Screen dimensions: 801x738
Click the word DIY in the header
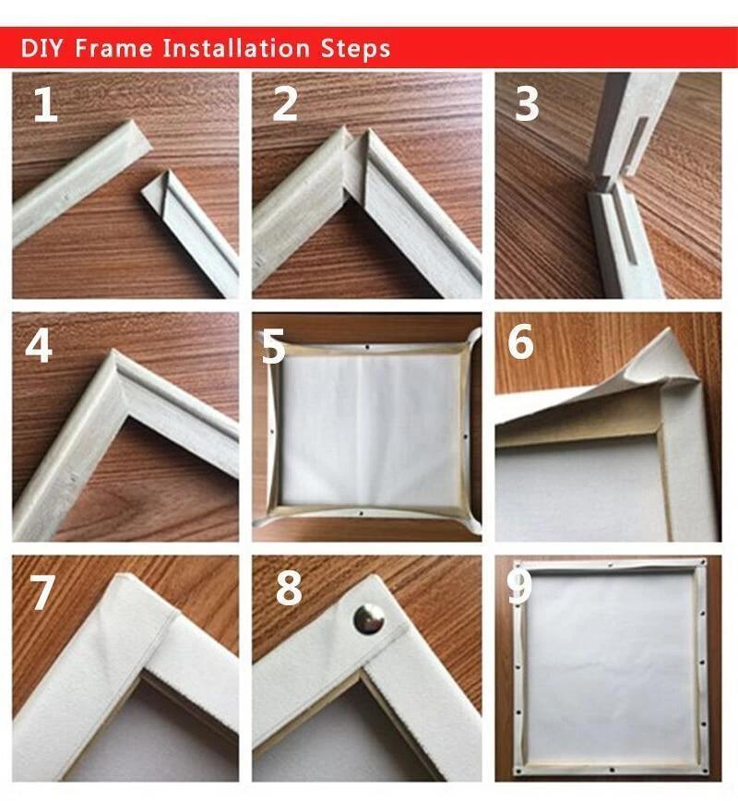click(x=42, y=47)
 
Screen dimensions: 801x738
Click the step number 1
click(x=45, y=106)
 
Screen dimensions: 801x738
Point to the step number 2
click(x=285, y=106)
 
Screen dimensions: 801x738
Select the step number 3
click(x=526, y=106)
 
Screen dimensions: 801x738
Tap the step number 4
click(x=39, y=344)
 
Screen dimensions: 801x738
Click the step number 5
click(x=273, y=348)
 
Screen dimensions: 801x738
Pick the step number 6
click(x=520, y=342)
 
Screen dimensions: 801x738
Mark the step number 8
click(x=289, y=589)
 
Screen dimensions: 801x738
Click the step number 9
click(x=519, y=589)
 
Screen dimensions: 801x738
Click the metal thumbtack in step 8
click(x=369, y=617)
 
